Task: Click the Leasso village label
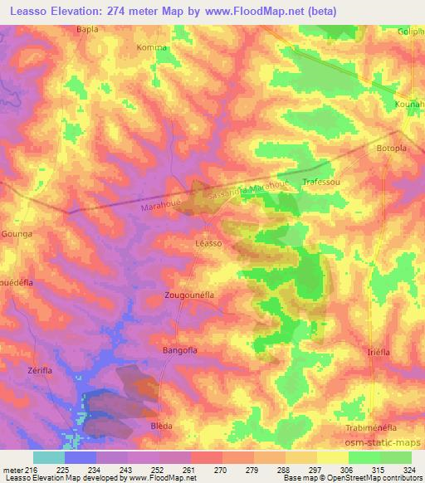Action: [207, 243]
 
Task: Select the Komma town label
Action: [153, 48]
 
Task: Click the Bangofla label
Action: [180, 351]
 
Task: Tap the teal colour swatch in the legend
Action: [49, 457]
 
